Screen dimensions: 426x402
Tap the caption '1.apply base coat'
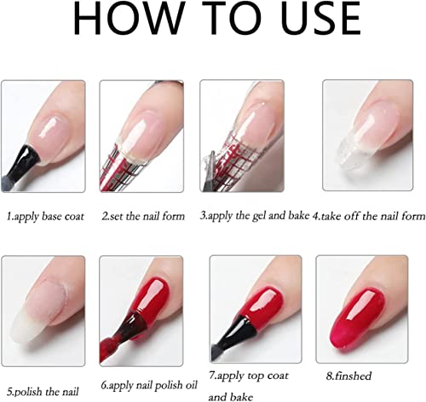[45, 217]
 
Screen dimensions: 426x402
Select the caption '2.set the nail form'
[143, 216]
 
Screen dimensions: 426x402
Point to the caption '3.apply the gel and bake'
[255, 216]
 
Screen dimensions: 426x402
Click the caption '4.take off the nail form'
[369, 216]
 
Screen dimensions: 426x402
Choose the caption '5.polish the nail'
[43, 392]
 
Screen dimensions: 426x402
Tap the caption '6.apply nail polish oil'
[149, 386]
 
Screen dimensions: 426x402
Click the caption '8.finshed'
[348, 376]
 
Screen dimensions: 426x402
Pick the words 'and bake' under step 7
[230, 397]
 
